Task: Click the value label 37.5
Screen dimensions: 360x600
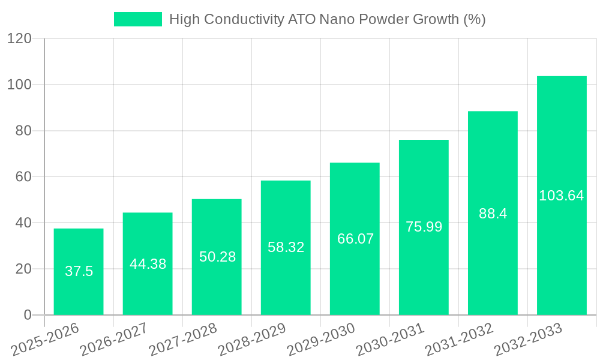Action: [79, 271]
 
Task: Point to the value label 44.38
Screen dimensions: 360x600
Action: [148, 264]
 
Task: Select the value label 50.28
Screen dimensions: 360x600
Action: [217, 257]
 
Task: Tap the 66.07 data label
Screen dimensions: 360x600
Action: [355, 239]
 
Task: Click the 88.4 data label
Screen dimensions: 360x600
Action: [493, 214]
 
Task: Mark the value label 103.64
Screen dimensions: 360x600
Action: [562, 196]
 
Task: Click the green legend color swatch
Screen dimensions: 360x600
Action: [138, 19]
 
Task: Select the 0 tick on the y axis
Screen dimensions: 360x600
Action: [27, 315]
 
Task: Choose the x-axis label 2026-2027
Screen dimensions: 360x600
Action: [114, 340]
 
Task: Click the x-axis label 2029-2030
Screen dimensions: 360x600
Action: [321, 340]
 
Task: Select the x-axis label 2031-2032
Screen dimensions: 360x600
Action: [459, 340]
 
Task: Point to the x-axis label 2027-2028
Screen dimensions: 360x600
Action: [183, 340]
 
